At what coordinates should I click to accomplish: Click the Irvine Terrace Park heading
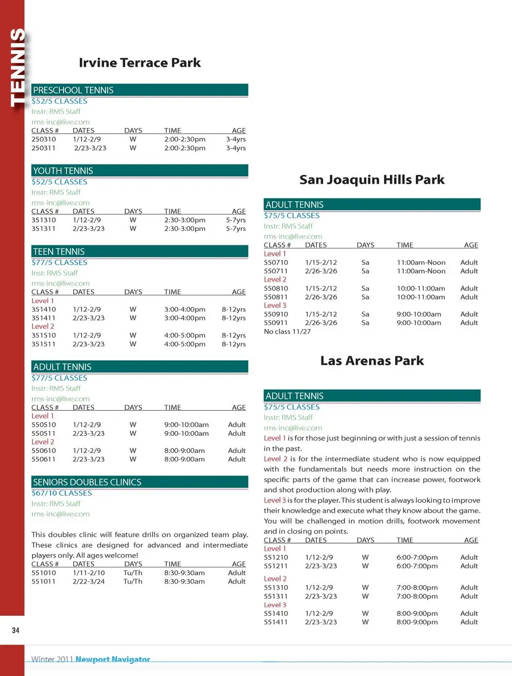(140, 63)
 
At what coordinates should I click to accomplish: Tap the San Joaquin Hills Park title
(372, 180)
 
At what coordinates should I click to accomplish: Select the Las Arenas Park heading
(372, 361)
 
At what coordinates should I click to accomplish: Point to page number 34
(15, 631)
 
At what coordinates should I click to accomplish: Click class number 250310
(43, 139)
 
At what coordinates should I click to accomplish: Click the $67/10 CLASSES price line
(61, 493)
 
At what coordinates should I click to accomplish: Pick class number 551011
(43, 581)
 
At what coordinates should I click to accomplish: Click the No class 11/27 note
(287, 332)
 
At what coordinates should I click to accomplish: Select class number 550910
(276, 315)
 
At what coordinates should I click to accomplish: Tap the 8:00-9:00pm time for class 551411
(417, 622)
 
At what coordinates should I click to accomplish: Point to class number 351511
(43, 344)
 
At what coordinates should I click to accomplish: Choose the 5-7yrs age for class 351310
(236, 220)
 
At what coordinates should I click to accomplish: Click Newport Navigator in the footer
(113, 659)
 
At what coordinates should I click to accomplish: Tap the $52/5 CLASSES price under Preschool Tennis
(59, 101)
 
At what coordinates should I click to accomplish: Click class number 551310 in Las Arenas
(276, 588)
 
